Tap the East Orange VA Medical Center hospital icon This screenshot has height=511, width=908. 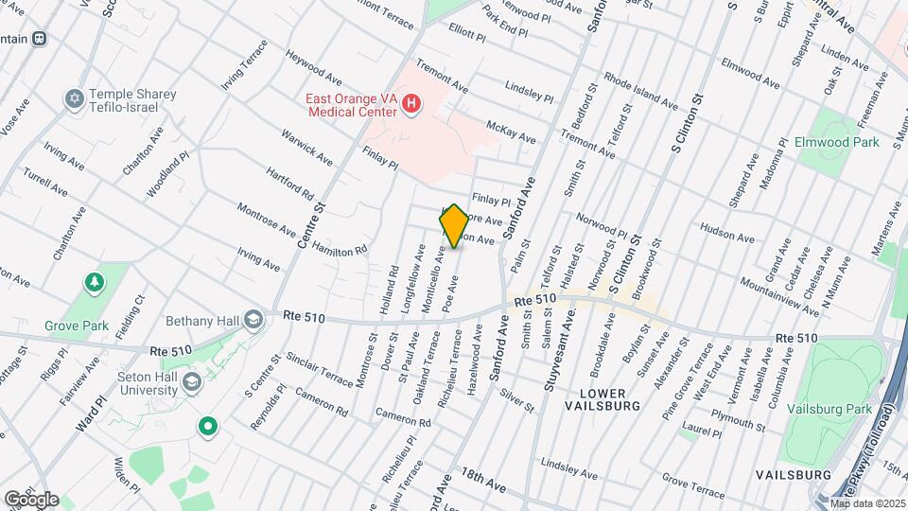point(411,104)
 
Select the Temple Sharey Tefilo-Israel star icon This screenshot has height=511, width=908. point(74,99)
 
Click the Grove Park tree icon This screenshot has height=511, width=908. point(94,282)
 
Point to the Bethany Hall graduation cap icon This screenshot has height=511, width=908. point(253,319)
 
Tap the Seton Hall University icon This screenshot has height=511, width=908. point(192,381)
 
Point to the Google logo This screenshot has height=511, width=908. point(31,499)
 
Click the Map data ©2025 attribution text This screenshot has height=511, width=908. point(867,503)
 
